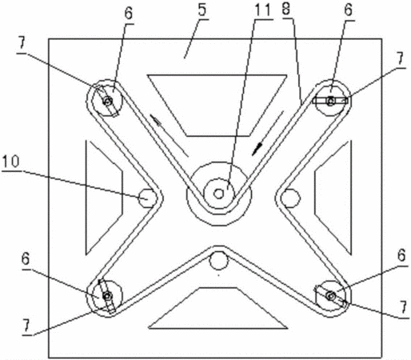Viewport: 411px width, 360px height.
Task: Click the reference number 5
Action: coord(202,10)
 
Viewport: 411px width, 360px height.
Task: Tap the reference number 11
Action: coord(262,10)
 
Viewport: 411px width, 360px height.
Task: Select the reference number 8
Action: coord(286,9)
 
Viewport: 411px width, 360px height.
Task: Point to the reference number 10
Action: coord(10,162)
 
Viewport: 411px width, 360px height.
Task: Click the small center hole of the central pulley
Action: coord(219,194)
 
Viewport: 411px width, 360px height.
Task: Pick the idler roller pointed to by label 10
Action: coord(147,198)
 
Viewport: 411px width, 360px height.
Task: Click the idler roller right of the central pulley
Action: coord(290,198)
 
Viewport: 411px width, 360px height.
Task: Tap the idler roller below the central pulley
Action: coord(218,261)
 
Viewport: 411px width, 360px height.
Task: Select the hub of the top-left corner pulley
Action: coord(108,101)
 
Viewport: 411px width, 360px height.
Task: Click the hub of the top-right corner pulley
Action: coord(331,101)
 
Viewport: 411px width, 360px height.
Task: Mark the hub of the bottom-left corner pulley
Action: coord(107,296)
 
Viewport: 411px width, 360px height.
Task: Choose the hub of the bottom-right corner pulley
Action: coord(331,296)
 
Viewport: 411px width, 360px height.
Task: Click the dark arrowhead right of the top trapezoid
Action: coord(257,149)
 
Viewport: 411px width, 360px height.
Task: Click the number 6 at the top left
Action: coord(129,14)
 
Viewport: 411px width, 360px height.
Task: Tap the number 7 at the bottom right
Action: coord(403,307)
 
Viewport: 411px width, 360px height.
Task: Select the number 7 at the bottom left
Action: coord(26,326)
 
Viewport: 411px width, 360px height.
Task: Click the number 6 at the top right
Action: coord(348,10)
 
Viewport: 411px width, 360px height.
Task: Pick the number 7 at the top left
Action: coord(22,43)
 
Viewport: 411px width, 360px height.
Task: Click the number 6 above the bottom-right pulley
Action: coord(401,255)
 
